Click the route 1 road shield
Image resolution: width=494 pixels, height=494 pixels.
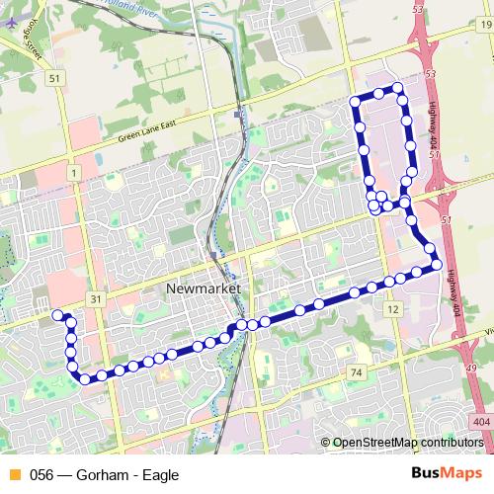pyautogui.click(x=73, y=173)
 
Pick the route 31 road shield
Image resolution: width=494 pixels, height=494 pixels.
pyautogui.click(x=95, y=298)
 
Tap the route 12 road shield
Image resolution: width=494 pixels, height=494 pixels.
pyautogui.click(x=393, y=310)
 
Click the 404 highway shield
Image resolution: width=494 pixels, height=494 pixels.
pyautogui.click(x=480, y=423)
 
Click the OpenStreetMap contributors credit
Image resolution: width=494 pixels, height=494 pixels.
pyautogui.click(x=407, y=443)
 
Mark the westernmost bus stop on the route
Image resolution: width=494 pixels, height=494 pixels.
pyautogui.click(x=57, y=314)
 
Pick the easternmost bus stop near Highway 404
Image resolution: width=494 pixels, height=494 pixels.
pyautogui.click(x=436, y=264)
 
